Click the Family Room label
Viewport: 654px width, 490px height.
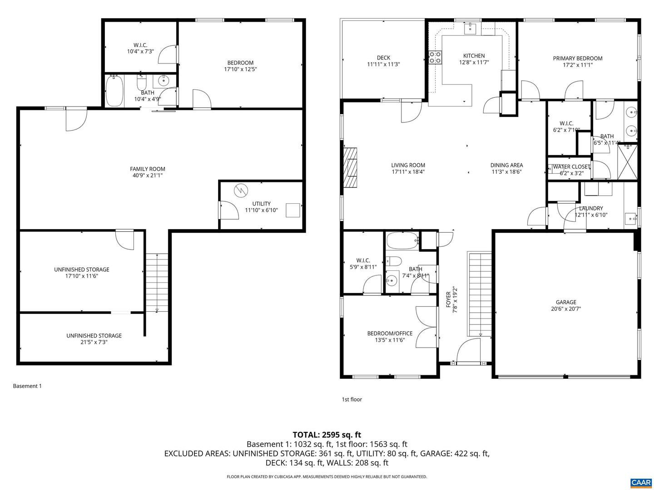click(148, 169)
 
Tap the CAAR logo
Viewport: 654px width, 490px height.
click(640, 482)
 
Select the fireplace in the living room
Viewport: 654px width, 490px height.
click(351, 167)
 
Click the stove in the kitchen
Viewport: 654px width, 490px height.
click(435, 57)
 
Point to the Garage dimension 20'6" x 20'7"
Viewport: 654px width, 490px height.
click(566, 309)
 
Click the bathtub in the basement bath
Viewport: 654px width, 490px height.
click(114, 91)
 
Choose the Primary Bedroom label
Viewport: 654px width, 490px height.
click(577, 58)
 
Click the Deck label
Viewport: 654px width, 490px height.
click(383, 58)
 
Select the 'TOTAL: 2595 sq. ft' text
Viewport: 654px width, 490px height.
click(327, 435)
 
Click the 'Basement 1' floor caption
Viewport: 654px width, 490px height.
click(27, 386)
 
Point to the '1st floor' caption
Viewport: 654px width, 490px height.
click(352, 399)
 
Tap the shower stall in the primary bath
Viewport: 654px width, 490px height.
click(627, 162)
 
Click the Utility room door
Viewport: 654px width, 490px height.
click(228, 210)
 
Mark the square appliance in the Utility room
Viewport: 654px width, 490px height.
click(293, 210)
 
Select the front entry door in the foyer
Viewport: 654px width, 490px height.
click(468, 352)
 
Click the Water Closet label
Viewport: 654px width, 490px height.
click(571, 167)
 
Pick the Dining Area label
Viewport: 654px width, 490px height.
click(506, 165)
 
